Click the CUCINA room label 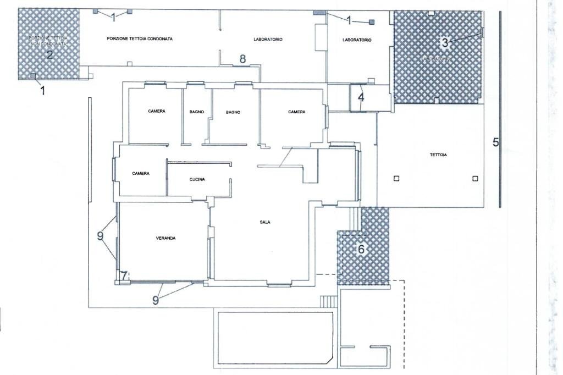point(197,179)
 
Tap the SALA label point(265,222)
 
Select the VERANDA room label point(165,239)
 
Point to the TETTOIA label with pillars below point(438,155)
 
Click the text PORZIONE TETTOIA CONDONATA point(140,39)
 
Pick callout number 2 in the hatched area point(49,54)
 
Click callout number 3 point(445,42)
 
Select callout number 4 point(361,98)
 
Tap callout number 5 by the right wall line point(495,142)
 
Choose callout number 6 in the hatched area point(361,249)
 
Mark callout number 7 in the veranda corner point(124,274)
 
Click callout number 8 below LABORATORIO point(242,59)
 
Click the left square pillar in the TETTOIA point(396,178)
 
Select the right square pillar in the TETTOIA point(476,178)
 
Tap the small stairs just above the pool point(328,301)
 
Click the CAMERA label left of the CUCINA point(141,173)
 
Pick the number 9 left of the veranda point(100,236)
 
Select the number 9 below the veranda point(155,300)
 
